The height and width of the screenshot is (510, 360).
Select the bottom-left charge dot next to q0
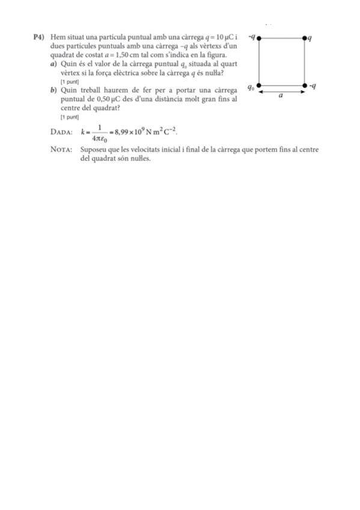pyautogui.click(x=259, y=86)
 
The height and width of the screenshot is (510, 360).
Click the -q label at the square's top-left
pyautogui.click(x=252, y=37)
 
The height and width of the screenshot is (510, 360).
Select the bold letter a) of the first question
pyautogui.click(x=55, y=64)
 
